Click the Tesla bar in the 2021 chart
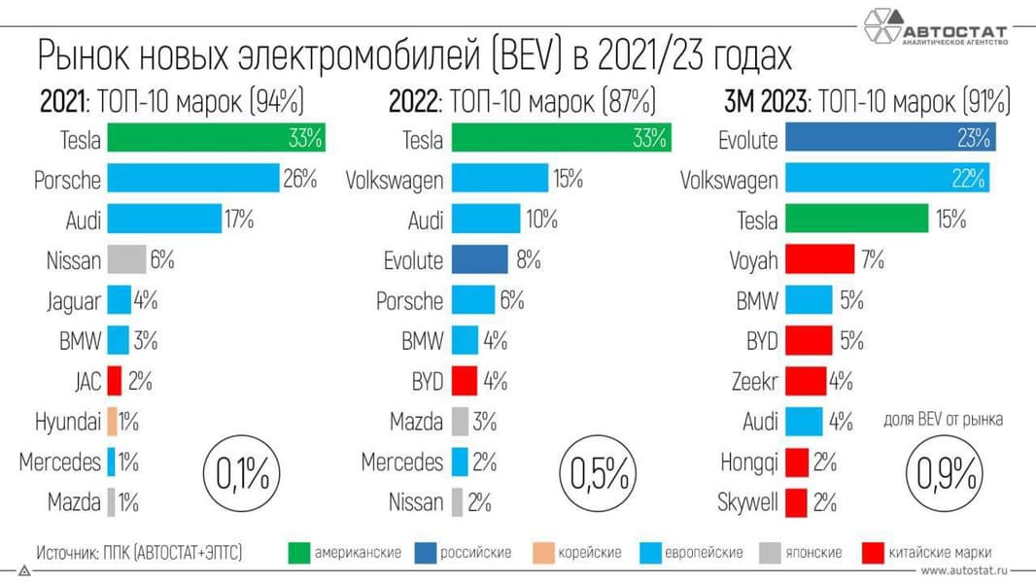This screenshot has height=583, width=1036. click(x=215, y=138)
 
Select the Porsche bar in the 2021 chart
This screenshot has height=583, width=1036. click(x=192, y=179)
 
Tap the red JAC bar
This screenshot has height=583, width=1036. click(x=114, y=380)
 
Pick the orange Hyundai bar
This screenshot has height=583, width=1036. click(x=112, y=422)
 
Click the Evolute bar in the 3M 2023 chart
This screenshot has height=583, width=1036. click(x=888, y=138)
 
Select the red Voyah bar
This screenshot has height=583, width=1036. click(x=812, y=259)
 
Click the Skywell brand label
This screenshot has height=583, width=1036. click(x=747, y=502)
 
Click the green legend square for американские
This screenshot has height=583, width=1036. click(x=299, y=553)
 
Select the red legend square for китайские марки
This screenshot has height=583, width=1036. click(x=872, y=553)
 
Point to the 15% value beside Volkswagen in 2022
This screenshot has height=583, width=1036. click(x=567, y=179)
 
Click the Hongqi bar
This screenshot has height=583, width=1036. click(x=796, y=462)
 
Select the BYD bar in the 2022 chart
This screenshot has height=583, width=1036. click(x=465, y=380)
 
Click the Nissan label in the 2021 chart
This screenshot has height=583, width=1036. click(x=73, y=259)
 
